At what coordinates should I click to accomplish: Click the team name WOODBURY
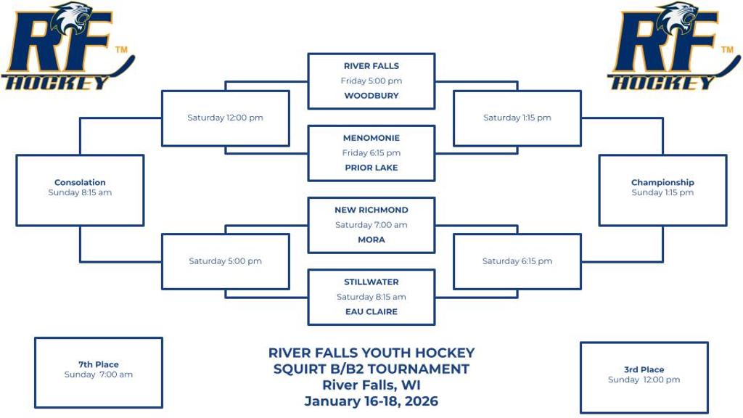click(x=371, y=95)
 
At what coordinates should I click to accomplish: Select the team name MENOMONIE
click(x=371, y=138)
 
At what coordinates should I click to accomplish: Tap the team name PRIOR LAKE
click(x=371, y=168)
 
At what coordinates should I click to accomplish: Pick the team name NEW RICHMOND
click(x=371, y=210)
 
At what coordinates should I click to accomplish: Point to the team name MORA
click(x=371, y=239)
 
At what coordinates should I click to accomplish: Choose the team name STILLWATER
click(x=371, y=282)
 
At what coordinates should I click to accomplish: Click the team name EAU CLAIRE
click(x=371, y=311)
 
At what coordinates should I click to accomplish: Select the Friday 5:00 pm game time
click(x=371, y=81)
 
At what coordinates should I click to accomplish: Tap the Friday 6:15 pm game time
click(x=371, y=152)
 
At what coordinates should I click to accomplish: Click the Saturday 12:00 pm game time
click(x=225, y=118)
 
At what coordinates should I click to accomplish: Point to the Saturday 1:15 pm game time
click(x=517, y=118)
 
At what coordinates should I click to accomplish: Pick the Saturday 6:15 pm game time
click(x=517, y=261)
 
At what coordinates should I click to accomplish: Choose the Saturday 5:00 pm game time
click(x=225, y=261)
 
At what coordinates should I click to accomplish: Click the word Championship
click(x=662, y=182)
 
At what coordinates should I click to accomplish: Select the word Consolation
click(x=80, y=182)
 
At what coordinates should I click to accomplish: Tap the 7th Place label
click(x=99, y=364)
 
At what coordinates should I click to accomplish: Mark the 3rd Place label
click(x=644, y=369)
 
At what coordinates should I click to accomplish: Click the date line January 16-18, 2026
click(x=371, y=401)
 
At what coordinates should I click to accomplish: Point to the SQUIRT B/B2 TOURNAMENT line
click(x=371, y=369)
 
